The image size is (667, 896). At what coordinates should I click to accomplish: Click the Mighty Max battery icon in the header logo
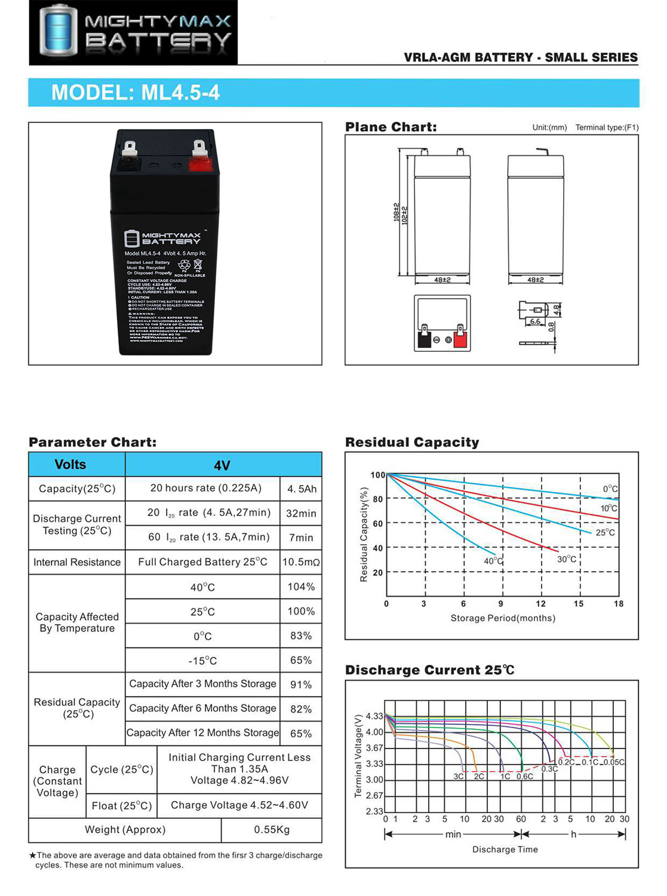click(58, 30)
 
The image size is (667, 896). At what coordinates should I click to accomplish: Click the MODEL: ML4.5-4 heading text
click(136, 93)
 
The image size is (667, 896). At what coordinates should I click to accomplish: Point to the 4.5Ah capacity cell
click(302, 489)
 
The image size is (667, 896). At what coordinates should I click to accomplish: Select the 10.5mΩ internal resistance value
click(301, 562)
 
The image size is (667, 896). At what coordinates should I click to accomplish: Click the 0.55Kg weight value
click(272, 830)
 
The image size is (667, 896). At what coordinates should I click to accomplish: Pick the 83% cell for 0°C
click(301, 636)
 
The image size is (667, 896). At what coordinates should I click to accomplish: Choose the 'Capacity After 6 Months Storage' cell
click(202, 708)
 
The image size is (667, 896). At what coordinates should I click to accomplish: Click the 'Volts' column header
click(70, 464)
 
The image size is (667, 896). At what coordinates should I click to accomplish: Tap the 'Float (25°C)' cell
click(122, 806)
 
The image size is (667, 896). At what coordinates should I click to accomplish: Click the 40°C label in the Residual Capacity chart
click(493, 561)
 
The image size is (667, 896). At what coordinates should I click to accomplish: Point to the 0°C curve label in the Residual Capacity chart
click(610, 489)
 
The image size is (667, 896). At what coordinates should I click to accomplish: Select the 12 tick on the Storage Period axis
click(540, 604)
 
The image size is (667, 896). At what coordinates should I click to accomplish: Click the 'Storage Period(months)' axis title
click(503, 618)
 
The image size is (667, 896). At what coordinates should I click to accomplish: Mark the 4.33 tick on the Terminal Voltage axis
click(374, 716)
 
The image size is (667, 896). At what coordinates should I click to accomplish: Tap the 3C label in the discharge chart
click(458, 777)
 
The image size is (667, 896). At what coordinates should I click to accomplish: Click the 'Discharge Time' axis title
click(505, 849)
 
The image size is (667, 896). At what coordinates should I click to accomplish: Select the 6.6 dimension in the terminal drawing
click(535, 321)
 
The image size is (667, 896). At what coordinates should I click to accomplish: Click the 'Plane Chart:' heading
click(391, 127)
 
